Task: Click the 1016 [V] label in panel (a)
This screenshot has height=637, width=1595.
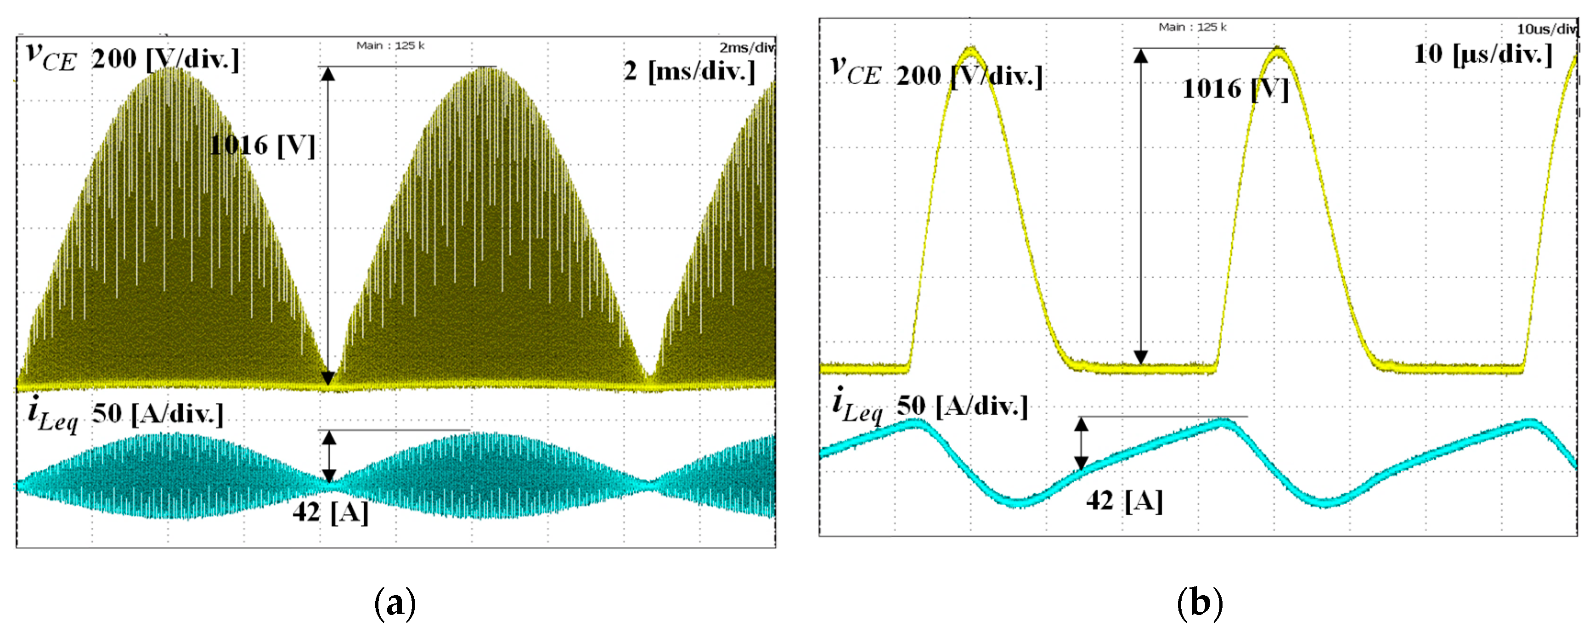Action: (263, 146)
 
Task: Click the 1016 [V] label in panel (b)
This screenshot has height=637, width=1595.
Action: (1235, 89)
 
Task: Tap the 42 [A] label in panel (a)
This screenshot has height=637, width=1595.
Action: (331, 512)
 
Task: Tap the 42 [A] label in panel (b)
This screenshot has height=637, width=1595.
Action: (1124, 500)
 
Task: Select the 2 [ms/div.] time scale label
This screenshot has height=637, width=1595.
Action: (689, 71)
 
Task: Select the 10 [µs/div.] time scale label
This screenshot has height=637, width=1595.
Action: (1483, 55)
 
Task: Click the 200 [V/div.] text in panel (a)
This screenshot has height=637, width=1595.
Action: (165, 59)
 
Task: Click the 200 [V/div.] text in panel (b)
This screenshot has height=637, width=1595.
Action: (969, 76)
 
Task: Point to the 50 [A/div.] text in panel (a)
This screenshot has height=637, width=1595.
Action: (158, 413)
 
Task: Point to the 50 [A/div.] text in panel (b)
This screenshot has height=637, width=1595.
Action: (962, 406)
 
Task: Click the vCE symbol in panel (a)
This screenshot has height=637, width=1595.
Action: (51, 57)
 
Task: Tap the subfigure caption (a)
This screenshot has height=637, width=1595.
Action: (395, 603)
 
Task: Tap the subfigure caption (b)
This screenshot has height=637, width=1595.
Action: (1199, 603)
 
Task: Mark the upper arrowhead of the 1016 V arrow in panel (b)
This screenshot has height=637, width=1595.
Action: (1140, 56)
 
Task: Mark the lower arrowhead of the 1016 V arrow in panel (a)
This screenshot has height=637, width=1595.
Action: (328, 378)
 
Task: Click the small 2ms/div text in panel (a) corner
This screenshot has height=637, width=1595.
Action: (746, 48)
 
